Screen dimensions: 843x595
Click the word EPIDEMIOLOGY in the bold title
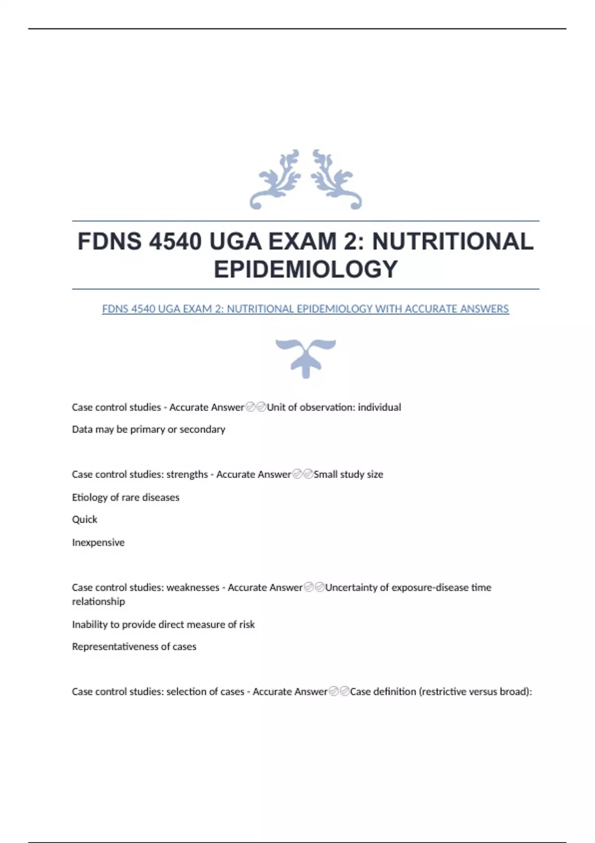point(305,269)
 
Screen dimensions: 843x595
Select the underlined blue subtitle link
point(305,309)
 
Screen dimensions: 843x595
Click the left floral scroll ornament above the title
point(276,180)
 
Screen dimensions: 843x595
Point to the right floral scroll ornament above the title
point(336,180)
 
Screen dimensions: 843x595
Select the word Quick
point(85,519)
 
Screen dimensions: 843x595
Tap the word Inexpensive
point(98,542)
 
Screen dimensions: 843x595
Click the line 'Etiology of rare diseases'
point(125,497)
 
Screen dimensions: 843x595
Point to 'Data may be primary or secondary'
point(148,429)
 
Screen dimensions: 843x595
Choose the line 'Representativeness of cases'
point(134,646)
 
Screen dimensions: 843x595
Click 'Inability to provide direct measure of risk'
point(163,624)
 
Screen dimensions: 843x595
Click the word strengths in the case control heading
point(187,474)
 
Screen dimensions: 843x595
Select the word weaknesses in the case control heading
point(192,587)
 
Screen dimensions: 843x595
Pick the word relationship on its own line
point(98,601)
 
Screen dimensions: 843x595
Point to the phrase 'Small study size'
point(348,474)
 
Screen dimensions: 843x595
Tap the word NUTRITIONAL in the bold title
point(452,242)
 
